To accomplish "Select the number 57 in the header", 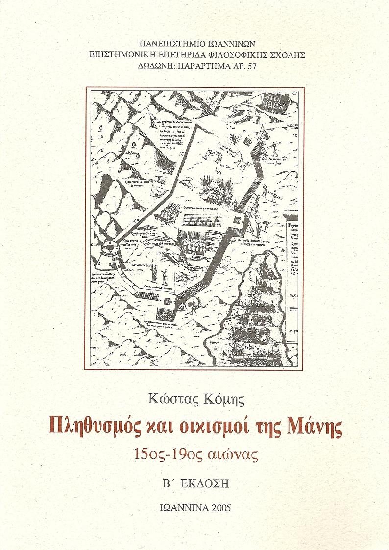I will click(x=251, y=66).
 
